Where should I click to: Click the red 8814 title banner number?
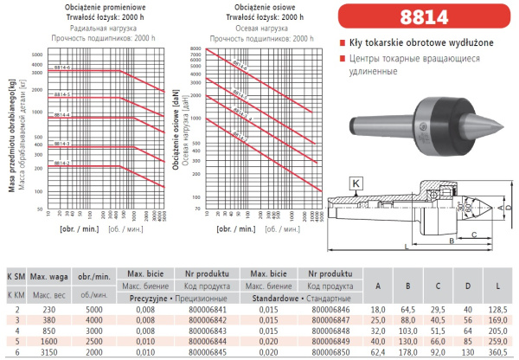click(420, 16)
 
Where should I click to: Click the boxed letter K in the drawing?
click(355, 183)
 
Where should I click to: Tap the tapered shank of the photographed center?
click(381, 121)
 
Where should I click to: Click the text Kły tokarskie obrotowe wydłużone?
click(411, 43)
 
